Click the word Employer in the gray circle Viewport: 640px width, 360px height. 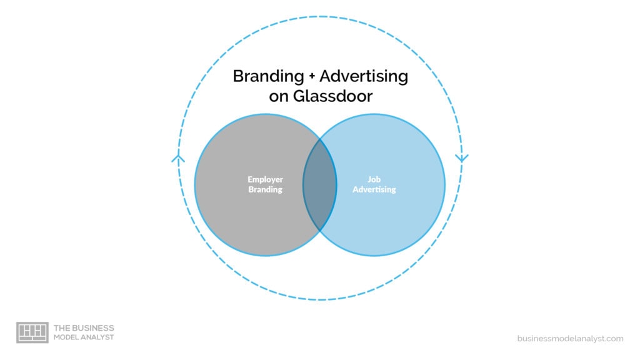point(265,179)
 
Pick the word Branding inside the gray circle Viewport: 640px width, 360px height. point(265,189)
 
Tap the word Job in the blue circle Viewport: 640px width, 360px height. point(374,179)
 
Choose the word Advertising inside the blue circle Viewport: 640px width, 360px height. point(374,189)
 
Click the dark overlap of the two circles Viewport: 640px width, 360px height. point(319,184)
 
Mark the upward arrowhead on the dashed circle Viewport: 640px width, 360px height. point(178,157)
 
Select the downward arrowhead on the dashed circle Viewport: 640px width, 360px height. point(462,157)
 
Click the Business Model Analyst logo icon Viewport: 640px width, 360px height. point(32,332)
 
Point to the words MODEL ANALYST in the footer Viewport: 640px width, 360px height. point(84,337)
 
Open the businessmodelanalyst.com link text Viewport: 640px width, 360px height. point(570,338)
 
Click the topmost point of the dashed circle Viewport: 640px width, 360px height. point(320,16)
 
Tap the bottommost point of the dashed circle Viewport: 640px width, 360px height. point(320,300)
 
